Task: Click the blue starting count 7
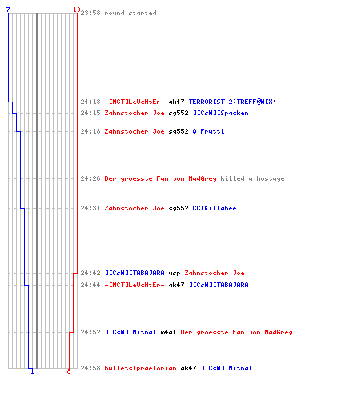[x=8, y=10]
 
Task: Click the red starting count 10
[x=77, y=10]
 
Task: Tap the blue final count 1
[x=32, y=371]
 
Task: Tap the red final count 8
[x=69, y=371]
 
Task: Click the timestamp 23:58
[x=90, y=13]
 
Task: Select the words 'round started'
[x=130, y=13]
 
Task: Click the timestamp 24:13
[x=90, y=102]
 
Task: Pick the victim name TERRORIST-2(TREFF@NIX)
[x=232, y=102]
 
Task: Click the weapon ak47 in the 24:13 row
[x=176, y=102]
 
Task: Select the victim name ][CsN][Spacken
[x=221, y=113]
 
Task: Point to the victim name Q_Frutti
[x=208, y=131]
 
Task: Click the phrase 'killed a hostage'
[x=252, y=178]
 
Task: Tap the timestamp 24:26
[x=90, y=178]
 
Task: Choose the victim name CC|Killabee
[x=214, y=208]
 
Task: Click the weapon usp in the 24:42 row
[x=174, y=273]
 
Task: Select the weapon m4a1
[x=168, y=332]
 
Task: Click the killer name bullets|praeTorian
[x=140, y=368]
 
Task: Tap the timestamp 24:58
[x=90, y=368]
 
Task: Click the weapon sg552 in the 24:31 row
[x=178, y=208]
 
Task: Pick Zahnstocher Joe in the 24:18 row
[x=134, y=131]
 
